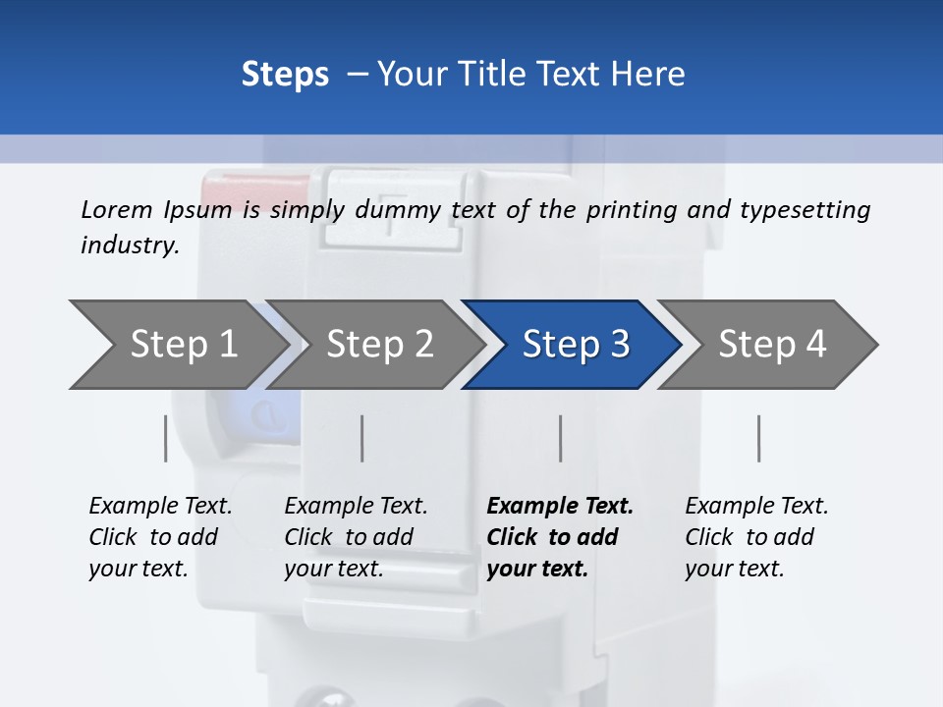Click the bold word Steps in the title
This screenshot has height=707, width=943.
click(x=285, y=74)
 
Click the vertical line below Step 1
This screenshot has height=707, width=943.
click(x=166, y=438)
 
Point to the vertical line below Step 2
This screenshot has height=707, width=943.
click(x=362, y=438)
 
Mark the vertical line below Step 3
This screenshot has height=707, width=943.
click(x=561, y=438)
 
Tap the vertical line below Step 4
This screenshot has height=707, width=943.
click(x=759, y=438)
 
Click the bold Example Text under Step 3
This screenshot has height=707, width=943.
click(x=560, y=537)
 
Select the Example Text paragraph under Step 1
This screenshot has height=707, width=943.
click(x=160, y=537)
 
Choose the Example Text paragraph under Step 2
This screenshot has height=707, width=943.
click(x=356, y=537)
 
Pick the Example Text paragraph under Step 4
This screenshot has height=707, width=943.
click(x=756, y=537)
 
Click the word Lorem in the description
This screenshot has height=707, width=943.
click(x=117, y=209)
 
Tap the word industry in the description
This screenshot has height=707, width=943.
click(x=129, y=245)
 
